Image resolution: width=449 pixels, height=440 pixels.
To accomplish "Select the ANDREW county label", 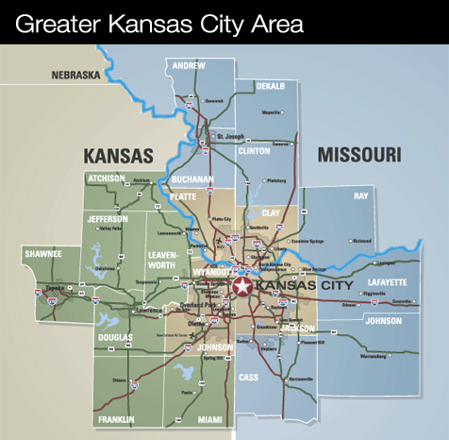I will click(x=189, y=65).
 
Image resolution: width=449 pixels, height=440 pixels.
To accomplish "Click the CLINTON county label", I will click(x=254, y=150).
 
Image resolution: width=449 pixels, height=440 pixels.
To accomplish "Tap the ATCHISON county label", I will click(x=107, y=177).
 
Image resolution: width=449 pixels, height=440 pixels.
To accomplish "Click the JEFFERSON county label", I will click(x=108, y=218).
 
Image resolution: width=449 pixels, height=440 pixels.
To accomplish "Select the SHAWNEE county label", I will click(x=43, y=253).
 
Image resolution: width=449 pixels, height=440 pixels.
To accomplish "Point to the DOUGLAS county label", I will click(x=115, y=337).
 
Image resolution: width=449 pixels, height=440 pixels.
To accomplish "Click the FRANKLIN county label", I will click(x=116, y=418).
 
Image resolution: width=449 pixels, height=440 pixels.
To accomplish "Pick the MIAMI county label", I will click(x=198, y=418).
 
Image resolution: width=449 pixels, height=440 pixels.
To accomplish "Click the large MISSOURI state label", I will click(x=358, y=154).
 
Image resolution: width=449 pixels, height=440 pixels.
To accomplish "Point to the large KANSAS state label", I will click(x=118, y=155).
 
